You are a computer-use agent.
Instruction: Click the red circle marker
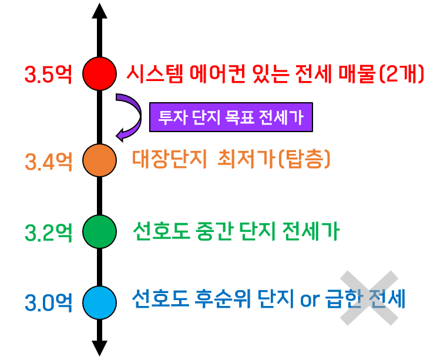point(99,73)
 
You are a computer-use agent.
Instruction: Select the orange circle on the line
point(99,160)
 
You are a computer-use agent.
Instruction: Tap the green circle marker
point(99,231)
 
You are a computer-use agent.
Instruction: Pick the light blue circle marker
point(99,302)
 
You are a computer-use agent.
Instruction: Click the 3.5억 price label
point(49,74)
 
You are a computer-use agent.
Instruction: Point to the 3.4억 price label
point(49,162)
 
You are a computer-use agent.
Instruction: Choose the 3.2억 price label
point(49,233)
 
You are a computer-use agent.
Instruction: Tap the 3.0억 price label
point(49,302)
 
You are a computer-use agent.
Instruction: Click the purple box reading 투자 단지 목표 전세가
point(231,117)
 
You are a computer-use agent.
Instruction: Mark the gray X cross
point(369,298)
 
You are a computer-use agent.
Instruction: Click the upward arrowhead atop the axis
point(99,11)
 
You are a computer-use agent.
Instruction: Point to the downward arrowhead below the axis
point(99,348)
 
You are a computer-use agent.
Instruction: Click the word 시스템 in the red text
point(155,74)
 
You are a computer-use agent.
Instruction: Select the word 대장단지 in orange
point(169,159)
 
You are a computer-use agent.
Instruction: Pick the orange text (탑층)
point(304,159)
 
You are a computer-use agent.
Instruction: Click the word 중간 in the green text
point(214,231)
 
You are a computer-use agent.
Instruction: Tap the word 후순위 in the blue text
point(223,299)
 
